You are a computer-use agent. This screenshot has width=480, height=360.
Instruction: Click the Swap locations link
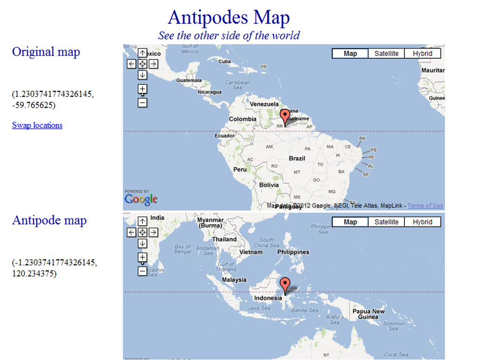pyautogui.click(x=37, y=125)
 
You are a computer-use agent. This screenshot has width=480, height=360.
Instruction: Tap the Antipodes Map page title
pyautogui.click(x=229, y=18)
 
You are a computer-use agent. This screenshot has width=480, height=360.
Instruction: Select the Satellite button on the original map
pyautogui.click(x=386, y=54)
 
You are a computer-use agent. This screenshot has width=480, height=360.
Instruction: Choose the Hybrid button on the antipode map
pyautogui.click(x=422, y=222)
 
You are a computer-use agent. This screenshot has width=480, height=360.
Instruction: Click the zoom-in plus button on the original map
pyautogui.click(x=143, y=89)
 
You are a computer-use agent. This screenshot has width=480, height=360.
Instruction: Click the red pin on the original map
pyautogui.click(x=286, y=116)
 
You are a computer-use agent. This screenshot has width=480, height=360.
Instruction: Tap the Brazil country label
pyautogui.click(x=297, y=159)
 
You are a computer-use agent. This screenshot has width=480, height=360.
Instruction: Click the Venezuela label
pyautogui.click(x=264, y=104)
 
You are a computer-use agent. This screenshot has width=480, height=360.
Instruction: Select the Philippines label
pyautogui.click(x=293, y=252)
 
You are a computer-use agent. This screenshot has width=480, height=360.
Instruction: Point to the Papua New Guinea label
pyautogui.click(x=368, y=314)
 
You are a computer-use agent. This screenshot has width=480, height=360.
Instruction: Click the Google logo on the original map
pyautogui.click(x=141, y=200)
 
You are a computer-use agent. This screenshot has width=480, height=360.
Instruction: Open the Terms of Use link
pyautogui.click(x=425, y=206)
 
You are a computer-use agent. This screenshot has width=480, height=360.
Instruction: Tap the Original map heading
pyautogui.click(x=46, y=52)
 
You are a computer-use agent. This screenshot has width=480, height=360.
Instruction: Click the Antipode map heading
pyautogui.click(x=49, y=220)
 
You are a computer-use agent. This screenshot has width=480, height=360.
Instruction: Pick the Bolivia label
pyautogui.click(x=269, y=185)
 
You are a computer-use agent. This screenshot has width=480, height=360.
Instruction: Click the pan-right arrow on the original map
pyautogui.click(x=153, y=64)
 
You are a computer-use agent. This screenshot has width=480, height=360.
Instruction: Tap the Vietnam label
pyautogui.click(x=251, y=252)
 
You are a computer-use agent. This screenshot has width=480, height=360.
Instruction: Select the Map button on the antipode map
pyautogui.click(x=350, y=222)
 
